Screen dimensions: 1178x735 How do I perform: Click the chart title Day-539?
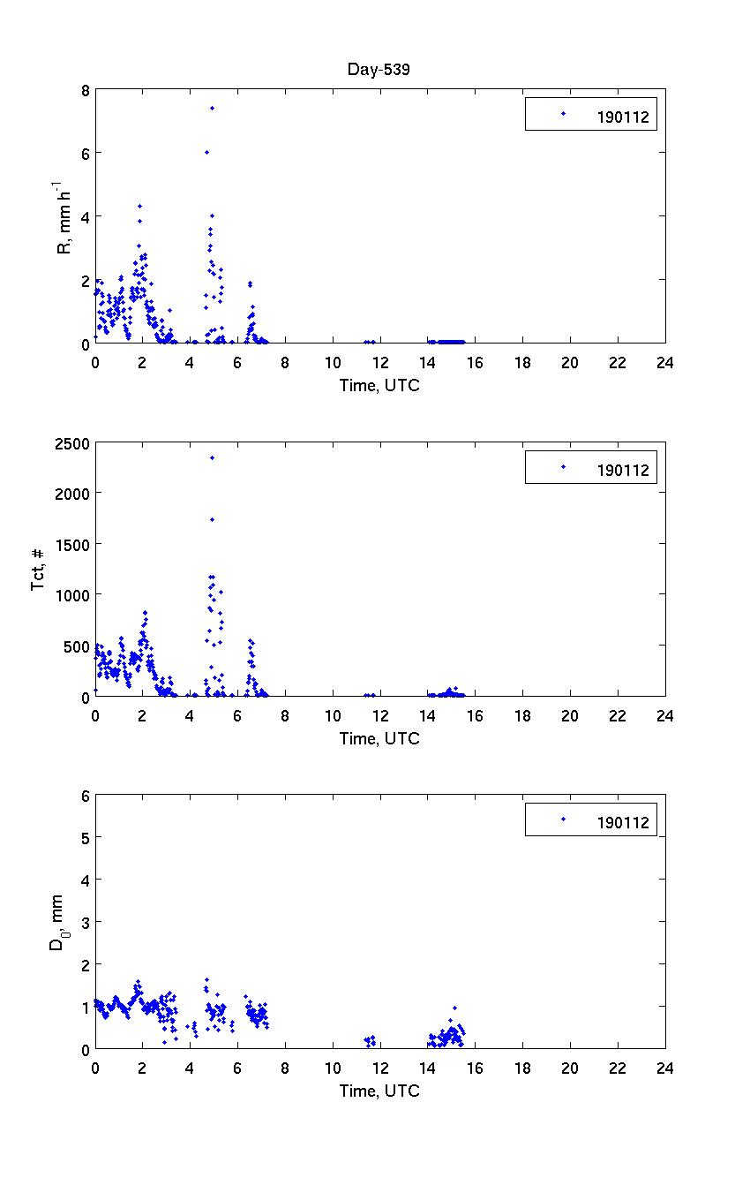pyautogui.click(x=379, y=70)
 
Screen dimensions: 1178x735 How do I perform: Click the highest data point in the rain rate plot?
pyautogui.click(x=212, y=108)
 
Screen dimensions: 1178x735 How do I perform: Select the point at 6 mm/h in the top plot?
pyautogui.click(x=206, y=152)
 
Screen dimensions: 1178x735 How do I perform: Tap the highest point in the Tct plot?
pyautogui.click(x=212, y=457)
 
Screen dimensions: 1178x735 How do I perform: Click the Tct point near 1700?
pyautogui.click(x=212, y=519)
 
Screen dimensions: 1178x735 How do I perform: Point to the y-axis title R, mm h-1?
pyautogui.click(x=64, y=217)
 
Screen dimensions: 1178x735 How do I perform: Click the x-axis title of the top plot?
pyautogui.click(x=379, y=385)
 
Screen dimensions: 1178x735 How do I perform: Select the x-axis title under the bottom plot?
pyautogui.click(x=379, y=1091)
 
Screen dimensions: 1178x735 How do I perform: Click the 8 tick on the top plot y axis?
pyautogui.click(x=84, y=90)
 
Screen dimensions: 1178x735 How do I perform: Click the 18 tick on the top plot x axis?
pyautogui.click(x=522, y=362)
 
